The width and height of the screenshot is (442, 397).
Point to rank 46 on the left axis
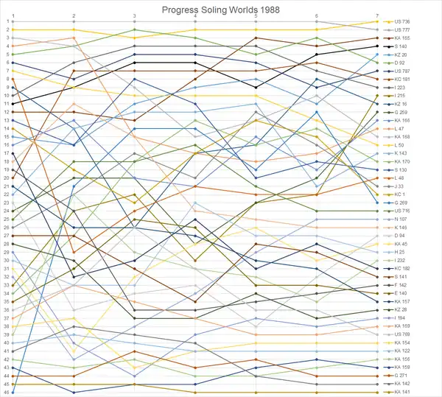tap(6, 392)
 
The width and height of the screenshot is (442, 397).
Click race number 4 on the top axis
tap(194, 15)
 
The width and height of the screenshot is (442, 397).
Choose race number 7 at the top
tap(376, 15)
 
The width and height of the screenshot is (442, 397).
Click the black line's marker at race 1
tap(13, 104)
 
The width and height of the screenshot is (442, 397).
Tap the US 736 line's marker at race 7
tap(376, 21)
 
